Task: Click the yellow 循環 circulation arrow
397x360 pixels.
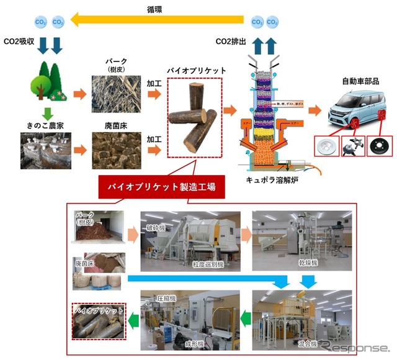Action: coord(161,21)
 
